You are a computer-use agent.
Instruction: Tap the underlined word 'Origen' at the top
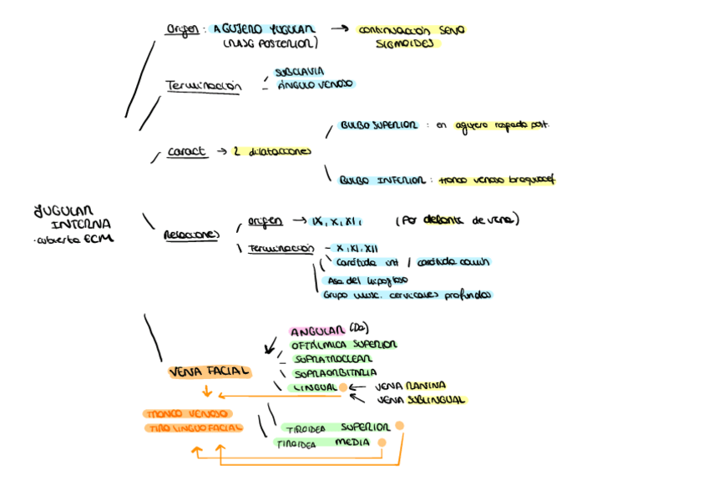pyautogui.click(x=183, y=29)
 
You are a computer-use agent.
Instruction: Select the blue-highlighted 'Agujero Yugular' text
pyautogui.click(x=251, y=29)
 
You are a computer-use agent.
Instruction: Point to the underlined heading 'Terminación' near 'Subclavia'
pyautogui.click(x=204, y=86)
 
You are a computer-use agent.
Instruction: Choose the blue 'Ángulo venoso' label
pyautogui.click(x=315, y=84)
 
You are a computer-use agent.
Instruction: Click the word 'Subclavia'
pyautogui.click(x=299, y=72)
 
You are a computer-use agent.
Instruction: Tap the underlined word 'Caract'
pyautogui.click(x=186, y=152)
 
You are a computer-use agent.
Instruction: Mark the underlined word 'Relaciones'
pyautogui.click(x=190, y=235)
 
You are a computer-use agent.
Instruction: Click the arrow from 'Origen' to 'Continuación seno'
pyautogui.click(x=338, y=29)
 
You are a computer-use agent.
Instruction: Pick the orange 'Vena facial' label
pyautogui.click(x=210, y=371)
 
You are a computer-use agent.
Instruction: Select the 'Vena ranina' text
pyautogui.click(x=410, y=386)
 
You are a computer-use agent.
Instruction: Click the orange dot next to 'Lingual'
pyautogui.click(x=342, y=387)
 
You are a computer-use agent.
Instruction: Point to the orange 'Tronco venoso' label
pyautogui.click(x=187, y=413)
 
